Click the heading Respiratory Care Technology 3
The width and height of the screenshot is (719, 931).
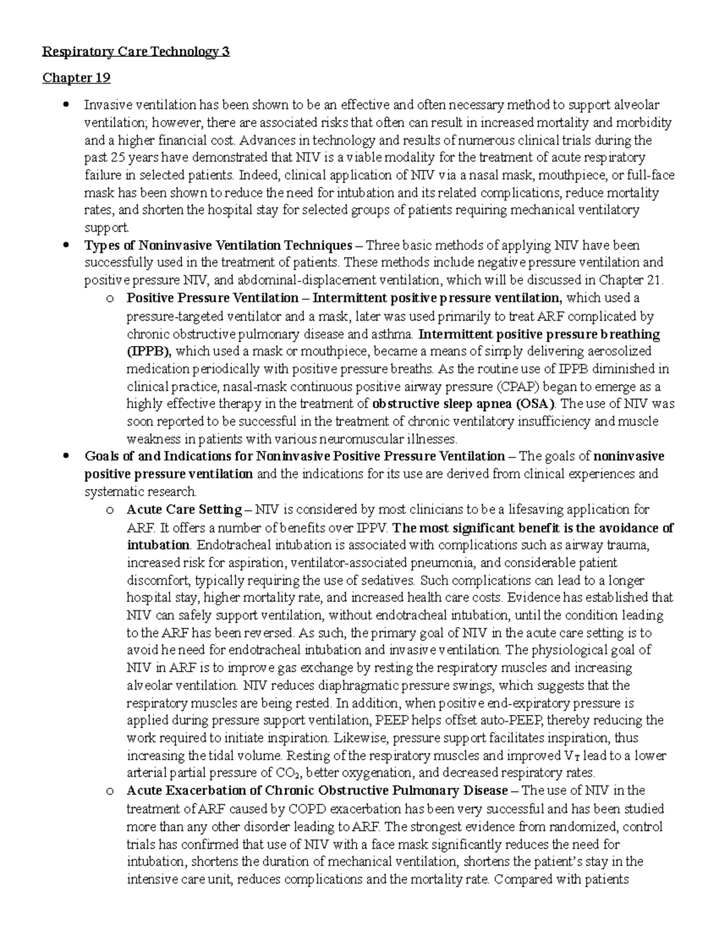(x=135, y=52)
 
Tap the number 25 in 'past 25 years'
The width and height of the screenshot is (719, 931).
(x=118, y=158)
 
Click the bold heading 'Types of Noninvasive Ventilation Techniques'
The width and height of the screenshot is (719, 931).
(x=218, y=245)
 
